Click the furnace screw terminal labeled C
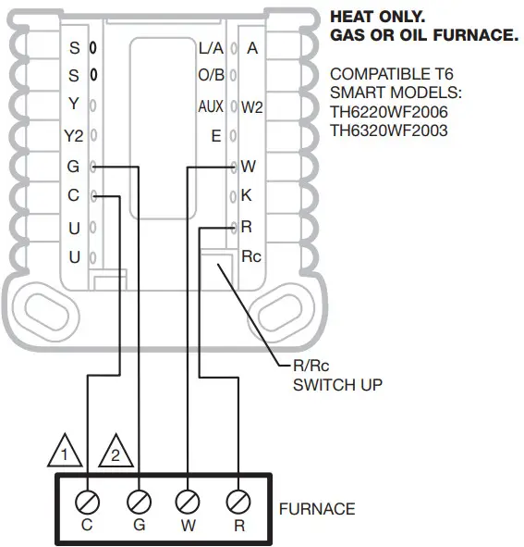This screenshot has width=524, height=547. [x=88, y=503]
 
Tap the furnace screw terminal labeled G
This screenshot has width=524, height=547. [x=139, y=503]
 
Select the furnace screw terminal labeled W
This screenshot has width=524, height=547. [x=189, y=503]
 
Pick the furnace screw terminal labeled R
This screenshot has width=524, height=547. [x=238, y=503]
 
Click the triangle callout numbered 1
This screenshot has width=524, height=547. [x=63, y=454]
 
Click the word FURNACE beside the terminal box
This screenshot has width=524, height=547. [x=316, y=509]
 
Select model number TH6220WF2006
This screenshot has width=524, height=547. [x=388, y=113]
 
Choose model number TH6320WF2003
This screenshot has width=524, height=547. [x=388, y=131]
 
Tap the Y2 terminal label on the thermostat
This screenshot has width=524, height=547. [x=73, y=136]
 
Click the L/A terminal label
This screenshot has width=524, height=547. [x=211, y=47]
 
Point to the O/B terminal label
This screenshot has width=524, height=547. [x=211, y=76]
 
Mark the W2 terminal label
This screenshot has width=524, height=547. [x=252, y=107]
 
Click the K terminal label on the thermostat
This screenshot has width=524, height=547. [x=246, y=196]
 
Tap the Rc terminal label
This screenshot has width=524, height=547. [x=250, y=256]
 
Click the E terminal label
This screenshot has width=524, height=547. [x=216, y=136]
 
